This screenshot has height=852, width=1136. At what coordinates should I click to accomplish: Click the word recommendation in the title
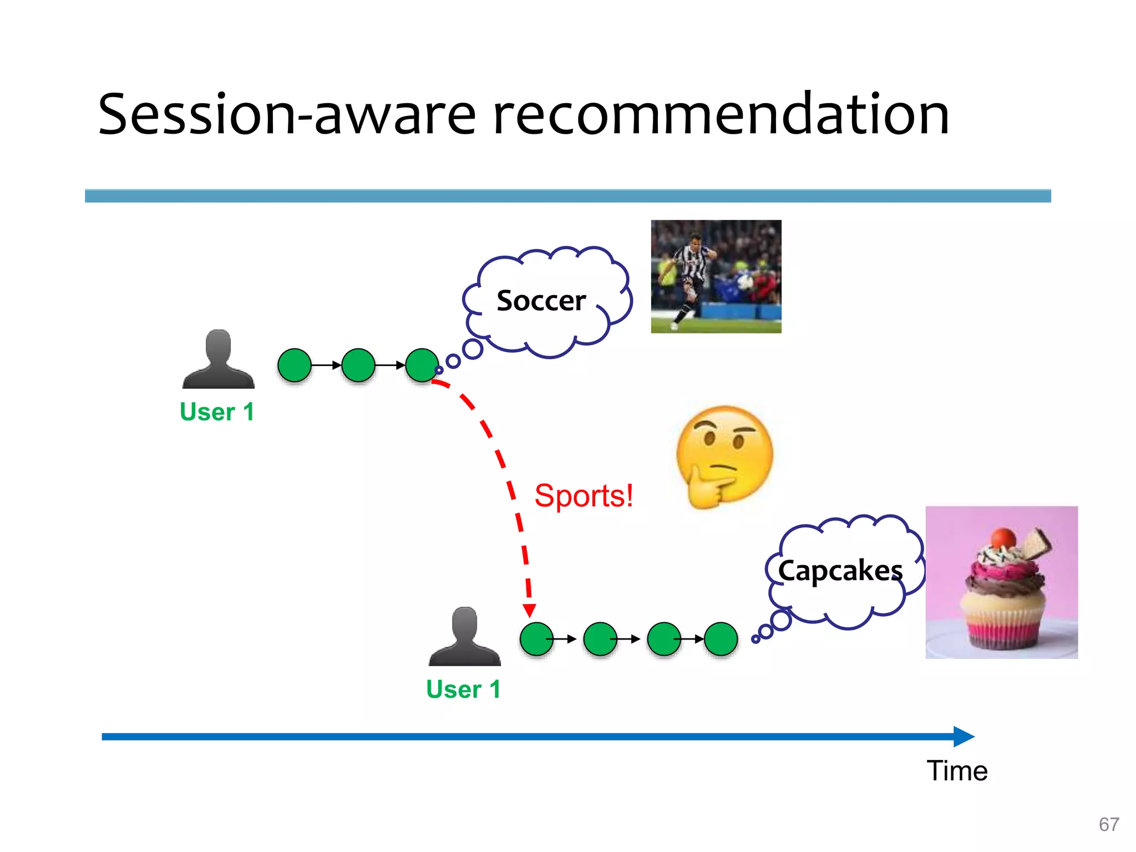coord(721,115)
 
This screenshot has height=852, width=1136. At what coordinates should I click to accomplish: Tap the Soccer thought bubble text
coord(541,301)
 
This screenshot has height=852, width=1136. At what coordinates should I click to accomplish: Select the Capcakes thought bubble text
coord(840,571)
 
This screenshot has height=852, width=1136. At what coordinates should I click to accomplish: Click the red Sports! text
coord(584,495)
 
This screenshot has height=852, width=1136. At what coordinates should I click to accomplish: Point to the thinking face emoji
coord(724,457)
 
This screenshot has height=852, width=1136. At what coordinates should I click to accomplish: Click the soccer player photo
coord(716,276)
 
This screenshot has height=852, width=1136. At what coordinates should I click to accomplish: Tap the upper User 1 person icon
coord(219,359)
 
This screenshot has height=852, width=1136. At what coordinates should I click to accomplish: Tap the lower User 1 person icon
coord(465,636)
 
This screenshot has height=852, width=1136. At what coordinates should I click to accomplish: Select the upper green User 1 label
coord(217,412)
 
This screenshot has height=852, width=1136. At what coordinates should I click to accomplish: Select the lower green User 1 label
coord(463,689)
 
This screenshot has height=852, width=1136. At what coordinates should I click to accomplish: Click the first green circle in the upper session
coord(294,365)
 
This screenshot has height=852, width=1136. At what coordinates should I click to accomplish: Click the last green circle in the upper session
coord(422,365)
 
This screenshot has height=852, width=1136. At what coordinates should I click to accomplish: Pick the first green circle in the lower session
coord(536,639)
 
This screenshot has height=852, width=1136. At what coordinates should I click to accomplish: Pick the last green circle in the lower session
coord(721,639)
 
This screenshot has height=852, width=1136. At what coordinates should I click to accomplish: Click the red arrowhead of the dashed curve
coord(530,611)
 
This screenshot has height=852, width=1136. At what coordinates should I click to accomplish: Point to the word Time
coord(957,770)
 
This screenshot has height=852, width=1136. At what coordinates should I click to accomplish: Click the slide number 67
coord(1108,824)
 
